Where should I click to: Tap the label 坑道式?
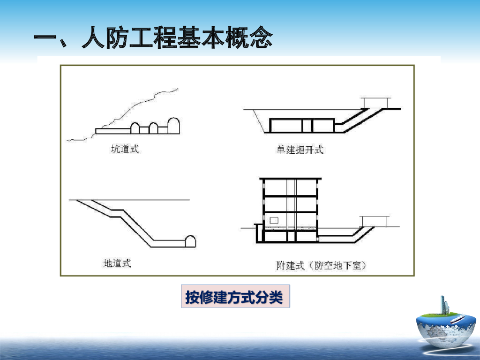(125, 150)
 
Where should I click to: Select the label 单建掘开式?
(300, 150)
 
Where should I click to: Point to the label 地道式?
(117, 263)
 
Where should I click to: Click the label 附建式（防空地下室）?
(321, 266)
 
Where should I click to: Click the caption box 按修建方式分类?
(235, 297)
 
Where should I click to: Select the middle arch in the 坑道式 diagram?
(153, 128)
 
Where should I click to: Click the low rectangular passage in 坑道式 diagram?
(112, 131)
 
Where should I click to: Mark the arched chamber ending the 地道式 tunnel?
(190, 241)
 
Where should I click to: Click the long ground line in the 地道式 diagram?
(155, 200)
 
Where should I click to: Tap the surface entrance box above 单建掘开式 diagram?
(375, 103)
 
